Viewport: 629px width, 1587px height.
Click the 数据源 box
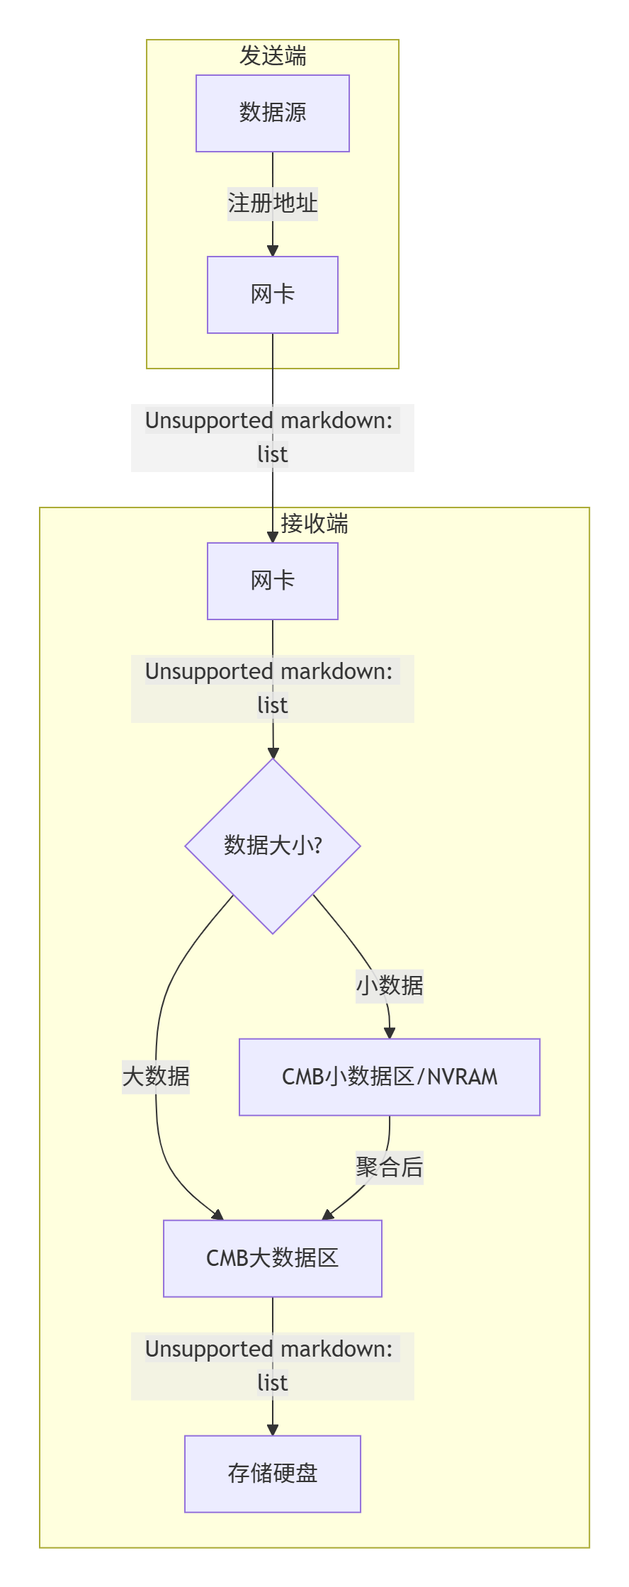tap(273, 113)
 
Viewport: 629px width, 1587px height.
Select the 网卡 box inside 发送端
tap(273, 295)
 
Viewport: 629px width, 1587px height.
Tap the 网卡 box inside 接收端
tap(273, 581)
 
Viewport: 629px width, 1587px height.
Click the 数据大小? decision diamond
tap(273, 846)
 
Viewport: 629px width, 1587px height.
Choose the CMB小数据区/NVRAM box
tap(390, 1077)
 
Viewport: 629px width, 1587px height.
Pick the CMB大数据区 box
tap(273, 1258)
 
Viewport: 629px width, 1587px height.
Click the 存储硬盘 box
tap(273, 1474)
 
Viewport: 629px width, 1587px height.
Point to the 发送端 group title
tap(273, 55)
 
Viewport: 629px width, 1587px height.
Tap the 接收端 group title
tap(314, 524)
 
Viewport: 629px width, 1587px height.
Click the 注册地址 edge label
tap(273, 204)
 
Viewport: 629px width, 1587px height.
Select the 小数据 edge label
tap(390, 986)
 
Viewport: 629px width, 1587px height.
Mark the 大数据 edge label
tap(156, 1077)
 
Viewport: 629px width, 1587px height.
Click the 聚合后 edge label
tap(390, 1167)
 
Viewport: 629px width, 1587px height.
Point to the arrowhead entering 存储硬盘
tap(273, 1430)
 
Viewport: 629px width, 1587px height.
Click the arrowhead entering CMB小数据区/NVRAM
tap(390, 1033)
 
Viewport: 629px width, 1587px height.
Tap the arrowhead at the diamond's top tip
tap(273, 753)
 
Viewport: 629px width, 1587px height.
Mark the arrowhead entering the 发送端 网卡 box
tap(273, 250)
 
